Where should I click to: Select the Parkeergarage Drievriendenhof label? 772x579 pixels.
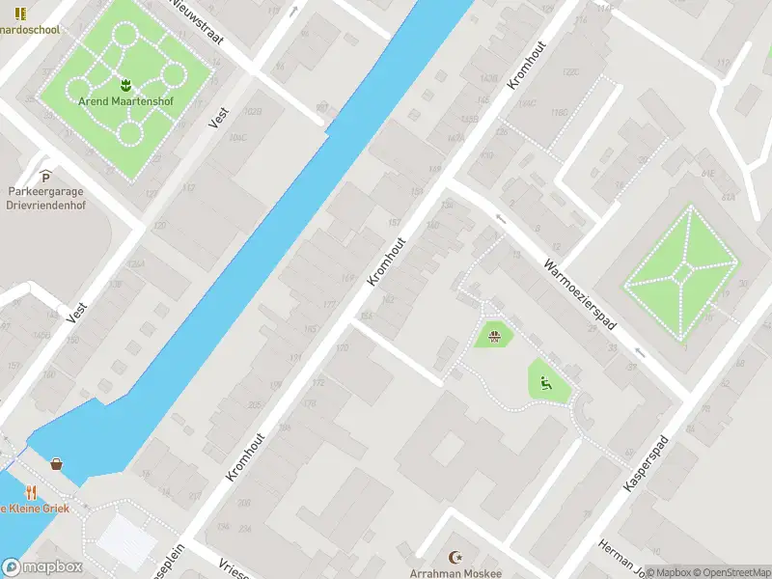pyautogui.click(x=46, y=197)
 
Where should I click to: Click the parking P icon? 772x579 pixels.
pyautogui.click(x=45, y=175)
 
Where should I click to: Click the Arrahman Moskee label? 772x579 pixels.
pyautogui.click(x=455, y=573)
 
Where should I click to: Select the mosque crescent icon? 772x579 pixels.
pyautogui.click(x=455, y=557)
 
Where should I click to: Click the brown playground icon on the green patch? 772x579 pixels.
pyautogui.click(x=494, y=336)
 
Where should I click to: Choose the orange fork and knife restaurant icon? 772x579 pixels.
pyautogui.click(x=31, y=491)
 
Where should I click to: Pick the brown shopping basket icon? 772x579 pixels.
pyautogui.click(x=57, y=464)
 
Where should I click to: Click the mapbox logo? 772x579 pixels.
pyautogui.click(x=41, y=567)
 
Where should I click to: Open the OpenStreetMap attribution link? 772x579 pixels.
pyautogui.click(x=731, y=572)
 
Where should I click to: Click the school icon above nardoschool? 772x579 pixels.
pyautogui.click(x=21, y=14)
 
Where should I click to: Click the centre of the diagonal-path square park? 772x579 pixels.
pyautogui.click(x=682, y=274)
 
